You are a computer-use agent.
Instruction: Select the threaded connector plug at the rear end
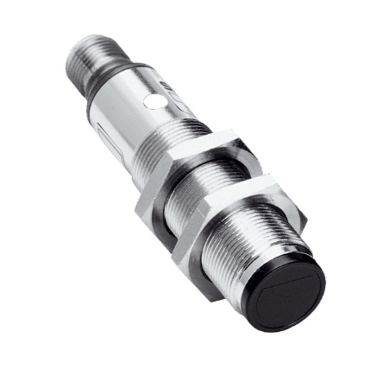pos(82,55)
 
